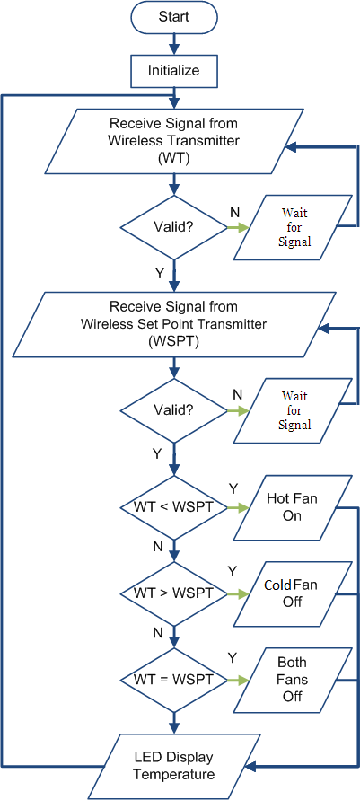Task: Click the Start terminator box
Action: [174, 16]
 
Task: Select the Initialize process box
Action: [174, 70]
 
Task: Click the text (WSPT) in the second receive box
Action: [174, 342]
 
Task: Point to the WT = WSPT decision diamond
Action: [174, 680]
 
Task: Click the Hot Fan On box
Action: [293, 508]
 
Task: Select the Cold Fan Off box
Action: [293, 593]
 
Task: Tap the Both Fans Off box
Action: [293, 680]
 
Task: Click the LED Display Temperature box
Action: [174, 766]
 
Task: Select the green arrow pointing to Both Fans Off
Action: [238, 680]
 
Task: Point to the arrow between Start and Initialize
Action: [174, 44]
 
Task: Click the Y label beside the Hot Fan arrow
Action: [233, 488]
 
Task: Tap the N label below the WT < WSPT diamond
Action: [158, 548]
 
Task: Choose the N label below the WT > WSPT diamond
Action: [158, 633]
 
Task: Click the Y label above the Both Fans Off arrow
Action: [233, 658]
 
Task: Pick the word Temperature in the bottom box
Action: [174, 775]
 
